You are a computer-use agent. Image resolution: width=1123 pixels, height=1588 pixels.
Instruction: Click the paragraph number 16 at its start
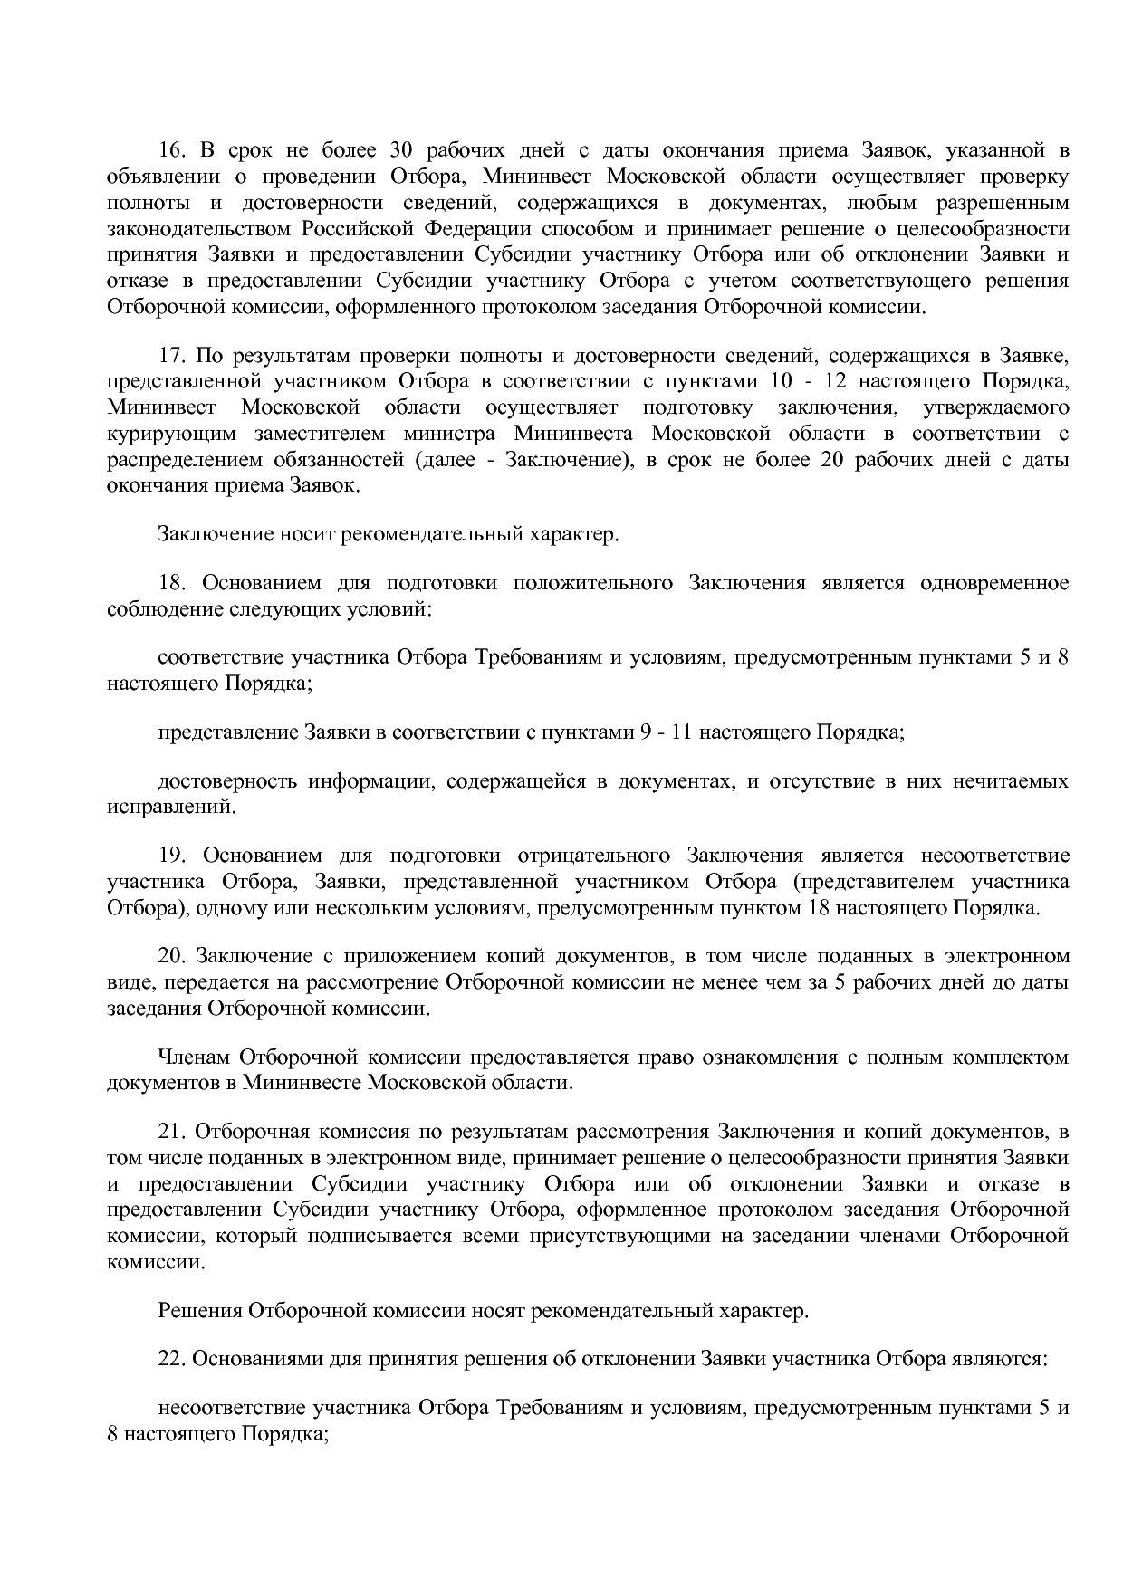[x=170, y=150]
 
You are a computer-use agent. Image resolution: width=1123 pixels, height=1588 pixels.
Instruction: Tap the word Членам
[x=191, y=1057]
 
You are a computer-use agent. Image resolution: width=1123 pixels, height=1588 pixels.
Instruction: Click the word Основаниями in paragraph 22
[x=248, y=1358]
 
